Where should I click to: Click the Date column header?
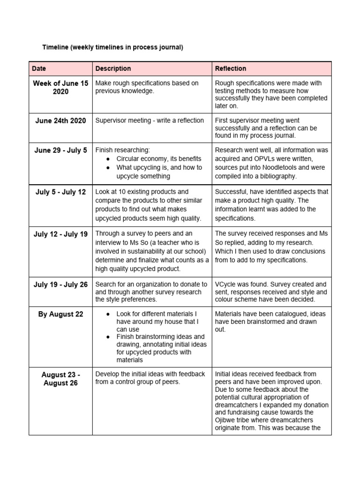tap(39, 68)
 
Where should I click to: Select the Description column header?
tap(113, 68)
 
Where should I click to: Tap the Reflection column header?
tap(230, 68)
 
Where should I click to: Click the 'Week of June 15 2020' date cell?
tap(60, 88)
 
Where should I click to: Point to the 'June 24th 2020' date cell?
tap(60, 120)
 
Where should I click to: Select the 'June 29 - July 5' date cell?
tap(60, 150)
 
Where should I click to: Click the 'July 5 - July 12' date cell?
tap(60, 192)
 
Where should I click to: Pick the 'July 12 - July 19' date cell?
tap(60, 234)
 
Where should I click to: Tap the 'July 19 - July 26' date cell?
tap(60, 284)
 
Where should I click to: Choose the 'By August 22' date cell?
tap(60, 314)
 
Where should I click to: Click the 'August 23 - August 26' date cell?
tap(60, 379)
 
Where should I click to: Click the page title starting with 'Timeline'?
tap(112, 47)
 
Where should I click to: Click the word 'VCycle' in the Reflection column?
tap(226, 284)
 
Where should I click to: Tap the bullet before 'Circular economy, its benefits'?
tap(108, 159)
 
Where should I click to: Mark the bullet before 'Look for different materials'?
tap(108, 314)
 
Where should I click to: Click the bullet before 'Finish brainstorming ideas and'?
tap(108, 337)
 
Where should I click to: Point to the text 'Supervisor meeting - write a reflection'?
tap(150, 120)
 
